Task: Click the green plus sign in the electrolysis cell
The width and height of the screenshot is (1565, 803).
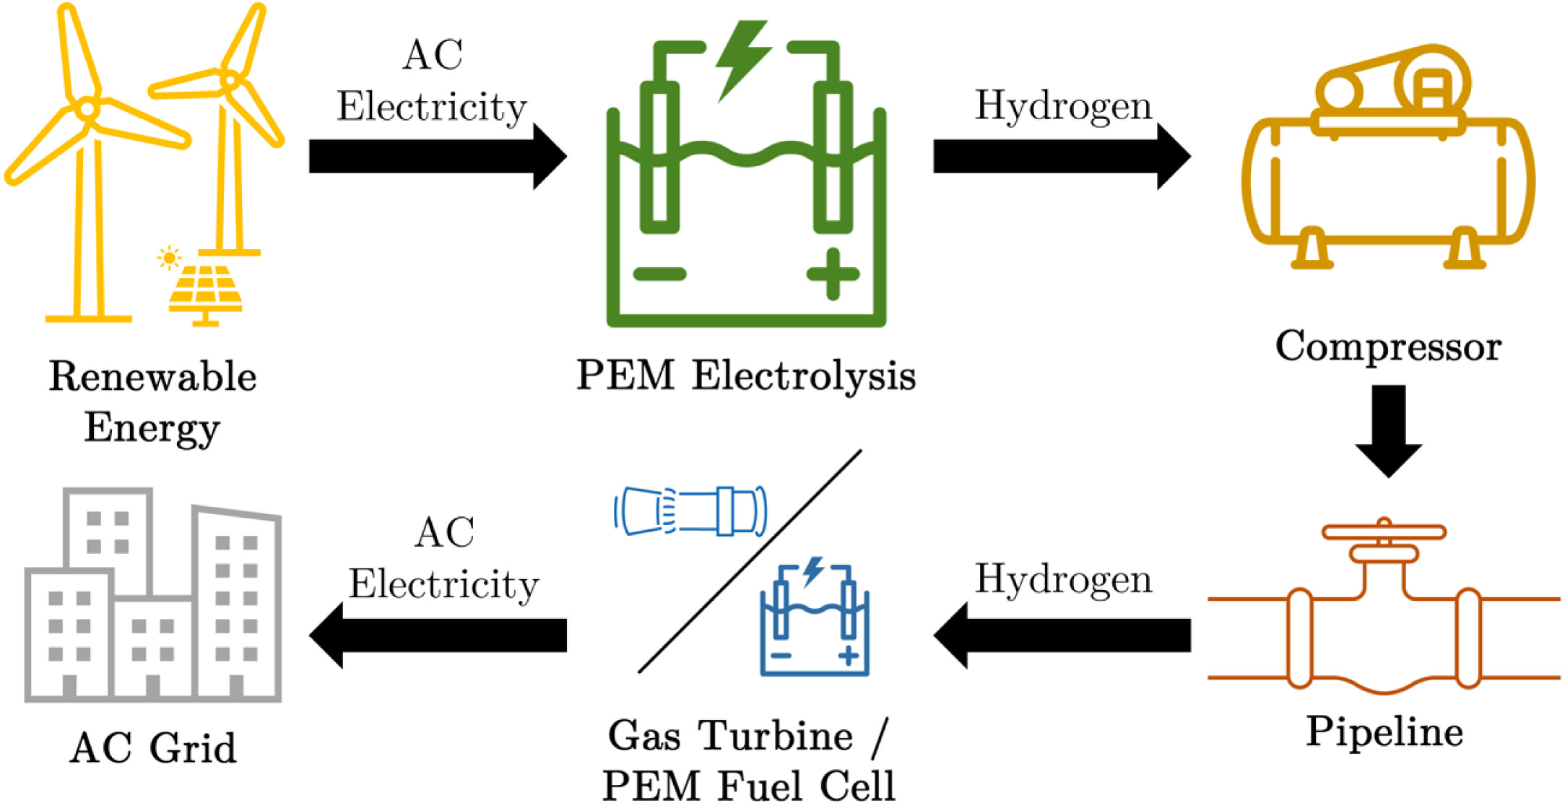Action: pos(833,274)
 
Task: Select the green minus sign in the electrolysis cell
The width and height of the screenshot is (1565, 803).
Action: pos(659,274)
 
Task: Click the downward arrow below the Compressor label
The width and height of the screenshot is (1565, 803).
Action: pos(1388,430)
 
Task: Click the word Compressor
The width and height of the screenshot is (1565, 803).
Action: pos(1387,347)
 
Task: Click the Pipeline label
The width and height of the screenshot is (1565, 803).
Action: pos(1384,732)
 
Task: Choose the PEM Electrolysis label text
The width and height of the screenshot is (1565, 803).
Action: pos(745,376)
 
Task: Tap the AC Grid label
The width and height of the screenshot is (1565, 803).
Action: pos(153,747)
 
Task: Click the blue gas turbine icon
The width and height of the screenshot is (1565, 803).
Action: pos(690,511)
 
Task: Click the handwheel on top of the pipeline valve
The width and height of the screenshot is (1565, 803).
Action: pos(1384,532)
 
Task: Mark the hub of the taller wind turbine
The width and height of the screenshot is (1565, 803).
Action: pos(87,109)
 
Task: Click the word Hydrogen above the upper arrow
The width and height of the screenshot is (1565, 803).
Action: pos(1062,106)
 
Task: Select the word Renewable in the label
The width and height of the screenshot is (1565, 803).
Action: pos(152,376)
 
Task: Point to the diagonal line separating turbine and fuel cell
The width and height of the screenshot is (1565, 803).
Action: pos(750,561)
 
